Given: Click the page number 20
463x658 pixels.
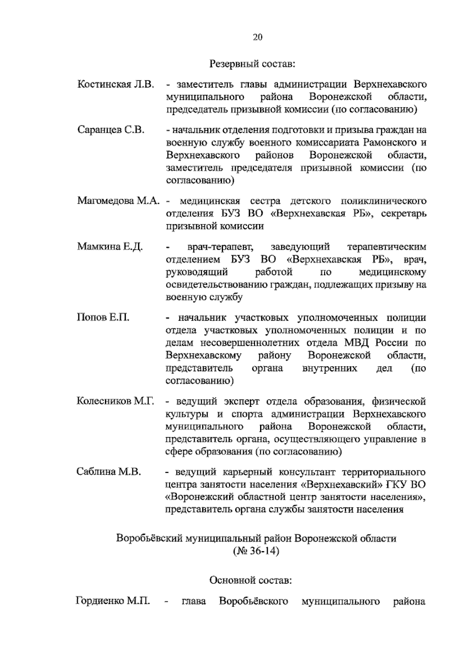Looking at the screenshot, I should tap(258, 37).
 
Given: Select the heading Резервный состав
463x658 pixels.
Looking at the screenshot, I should tap(252, 63).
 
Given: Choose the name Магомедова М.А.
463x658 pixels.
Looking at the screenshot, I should tap(118, 201).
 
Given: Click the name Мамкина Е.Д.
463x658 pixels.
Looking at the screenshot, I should tap(110, 246).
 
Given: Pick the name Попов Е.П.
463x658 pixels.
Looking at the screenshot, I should tap(103, 317).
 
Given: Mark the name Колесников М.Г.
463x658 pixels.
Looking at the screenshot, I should tap(115, 401).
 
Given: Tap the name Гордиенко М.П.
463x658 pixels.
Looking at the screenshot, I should tap(113, 601).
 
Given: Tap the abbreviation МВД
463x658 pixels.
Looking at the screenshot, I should tap(358, 342).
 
